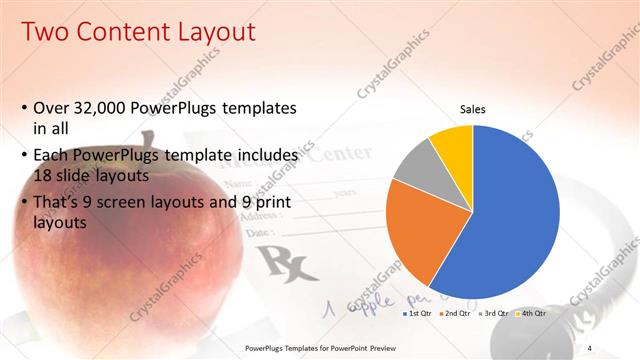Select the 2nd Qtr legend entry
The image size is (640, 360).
[x=455, y=314]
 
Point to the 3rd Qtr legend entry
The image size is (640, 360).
[x=495, y=314]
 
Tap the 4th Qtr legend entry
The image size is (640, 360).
[x=532, y=314]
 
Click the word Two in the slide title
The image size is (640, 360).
[x=45, y=33]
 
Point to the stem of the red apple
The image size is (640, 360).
[x=147, y=142]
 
